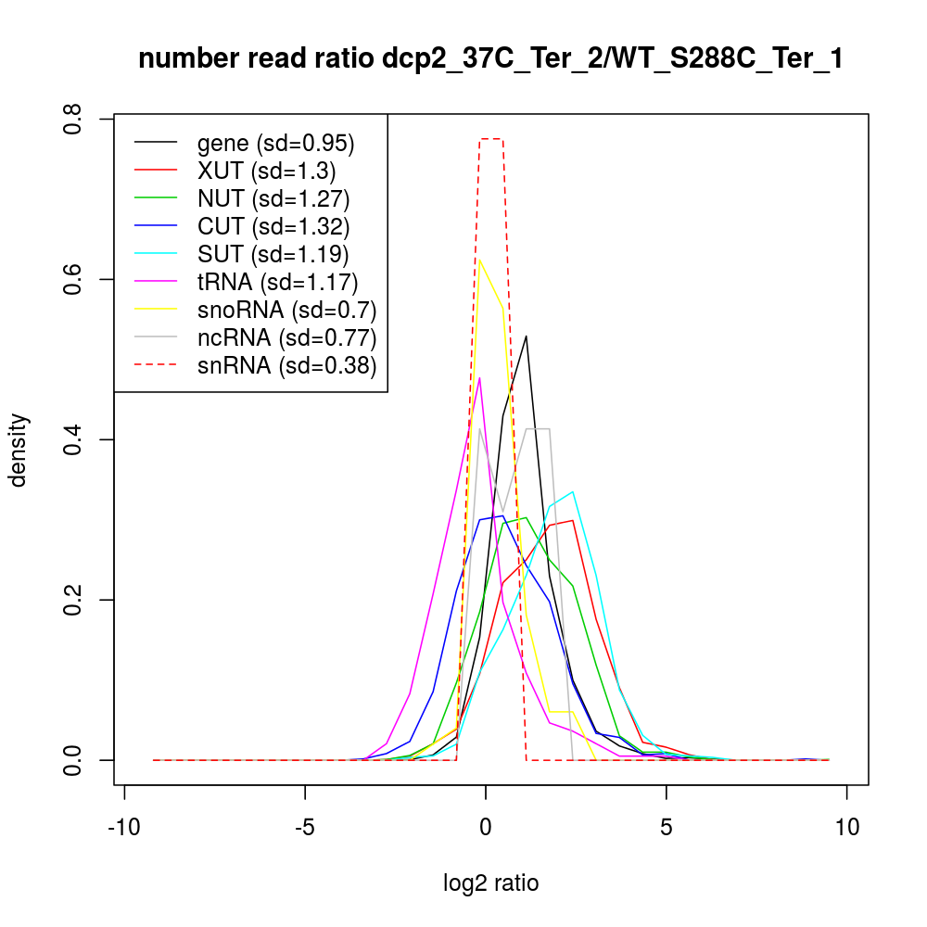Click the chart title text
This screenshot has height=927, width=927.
click(490, 59)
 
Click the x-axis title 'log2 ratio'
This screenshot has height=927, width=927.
click(490, 883)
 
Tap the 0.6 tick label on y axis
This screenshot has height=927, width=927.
click(72, 279)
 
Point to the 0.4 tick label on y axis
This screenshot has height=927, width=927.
click(72, 439)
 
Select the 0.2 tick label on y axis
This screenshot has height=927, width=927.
click(72, 600)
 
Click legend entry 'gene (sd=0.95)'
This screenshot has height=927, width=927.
click(276, 144)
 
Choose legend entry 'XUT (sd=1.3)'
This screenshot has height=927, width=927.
click(267, 171)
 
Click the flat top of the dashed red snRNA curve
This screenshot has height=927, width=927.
click(491, 139)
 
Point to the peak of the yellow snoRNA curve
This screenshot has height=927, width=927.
click(479, 260)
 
